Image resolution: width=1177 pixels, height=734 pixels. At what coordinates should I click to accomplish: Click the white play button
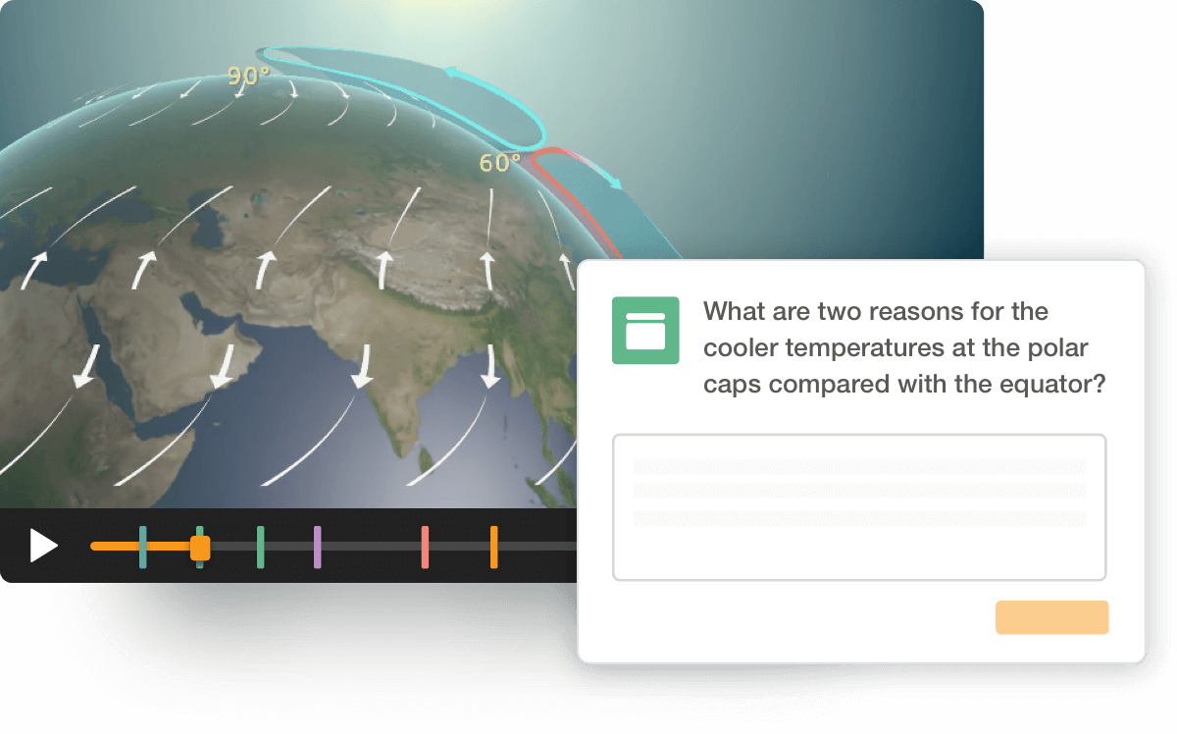click(x=43, y=547)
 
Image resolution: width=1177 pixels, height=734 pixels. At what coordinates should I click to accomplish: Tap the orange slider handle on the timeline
click(x=200, y=549)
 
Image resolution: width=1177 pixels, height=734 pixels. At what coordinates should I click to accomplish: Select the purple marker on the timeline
click(x=318, y=548)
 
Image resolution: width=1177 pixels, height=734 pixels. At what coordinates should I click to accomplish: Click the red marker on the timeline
click(x=425, y=548)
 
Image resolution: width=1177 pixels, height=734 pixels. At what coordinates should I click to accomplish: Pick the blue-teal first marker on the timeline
click(x=143, y=548)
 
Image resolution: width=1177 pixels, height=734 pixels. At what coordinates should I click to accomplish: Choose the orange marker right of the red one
click(x=494, y=548)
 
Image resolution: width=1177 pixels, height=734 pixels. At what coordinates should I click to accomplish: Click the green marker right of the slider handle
click(x=261, y=548)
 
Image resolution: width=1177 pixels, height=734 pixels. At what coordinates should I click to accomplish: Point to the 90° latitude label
click(x=248, y=77)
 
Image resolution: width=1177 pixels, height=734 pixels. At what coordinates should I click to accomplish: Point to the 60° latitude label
click(x=499, y=163)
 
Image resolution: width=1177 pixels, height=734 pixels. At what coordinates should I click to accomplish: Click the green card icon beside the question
click(x=645, y=331)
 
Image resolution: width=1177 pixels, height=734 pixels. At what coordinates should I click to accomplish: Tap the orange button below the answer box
click(x=1051, y=617)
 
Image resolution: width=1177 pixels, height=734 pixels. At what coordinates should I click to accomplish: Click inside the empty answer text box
click(x=859, y=507)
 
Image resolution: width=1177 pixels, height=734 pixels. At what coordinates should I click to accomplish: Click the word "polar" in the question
click(x=1057, y=348)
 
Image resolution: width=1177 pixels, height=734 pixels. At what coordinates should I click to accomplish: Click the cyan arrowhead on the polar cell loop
click(x=452, y=73)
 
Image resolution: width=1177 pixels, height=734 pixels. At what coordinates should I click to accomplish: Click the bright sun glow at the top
click(x=452, y=4)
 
